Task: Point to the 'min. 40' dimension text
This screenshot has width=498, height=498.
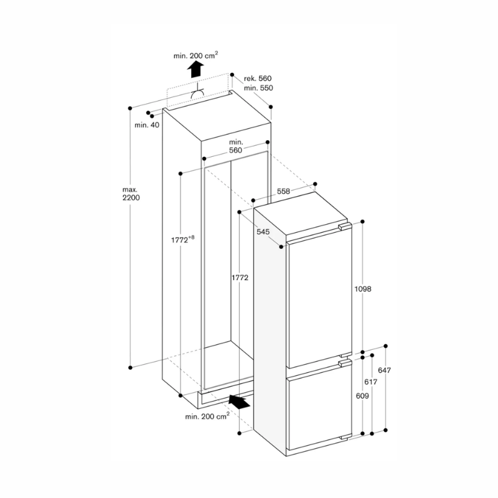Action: (x=147, y=125)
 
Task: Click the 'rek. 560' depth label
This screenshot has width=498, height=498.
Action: (x=258, y=78)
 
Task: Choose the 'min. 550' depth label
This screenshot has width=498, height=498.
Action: (x=258, y=88)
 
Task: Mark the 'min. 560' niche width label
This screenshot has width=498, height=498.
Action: (x=235, y=146)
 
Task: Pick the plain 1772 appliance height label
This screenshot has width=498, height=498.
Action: (x=239, y=278)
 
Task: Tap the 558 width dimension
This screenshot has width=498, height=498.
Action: (x=284, y=192)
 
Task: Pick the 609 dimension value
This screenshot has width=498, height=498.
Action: (x=361, y=395)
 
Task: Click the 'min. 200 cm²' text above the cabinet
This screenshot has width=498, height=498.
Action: (x=195, y=55)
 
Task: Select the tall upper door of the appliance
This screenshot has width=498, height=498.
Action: (x=317, y=296)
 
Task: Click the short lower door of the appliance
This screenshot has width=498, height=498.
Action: (x=317, y=408)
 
